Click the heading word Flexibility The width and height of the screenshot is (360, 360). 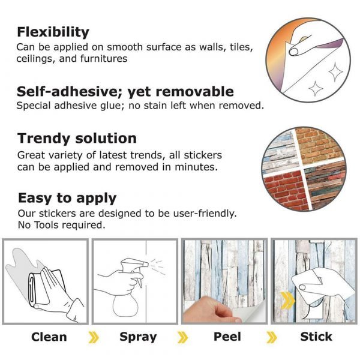[53, 32]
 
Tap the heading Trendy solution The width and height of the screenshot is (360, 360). [77, 139]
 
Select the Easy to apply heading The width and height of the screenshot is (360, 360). [67, 198]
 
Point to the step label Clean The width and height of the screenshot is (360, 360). [49, 337]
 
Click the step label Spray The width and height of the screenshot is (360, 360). [138, 337]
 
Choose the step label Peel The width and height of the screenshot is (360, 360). [227, 337]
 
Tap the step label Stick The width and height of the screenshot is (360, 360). [316, 337]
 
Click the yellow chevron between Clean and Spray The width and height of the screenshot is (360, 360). [94, 337]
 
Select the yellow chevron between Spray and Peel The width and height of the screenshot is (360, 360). [182, 337]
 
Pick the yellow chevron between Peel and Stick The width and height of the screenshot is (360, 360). [272, 337]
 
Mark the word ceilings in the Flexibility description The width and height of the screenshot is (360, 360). [36, 58]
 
